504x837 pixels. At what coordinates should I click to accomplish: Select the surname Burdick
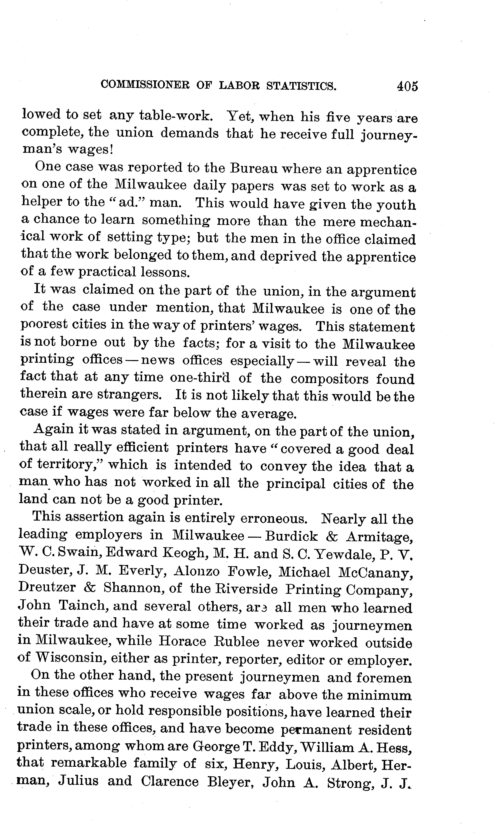[x=291, y=536]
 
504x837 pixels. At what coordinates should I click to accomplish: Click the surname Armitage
[x=380, y=537]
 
